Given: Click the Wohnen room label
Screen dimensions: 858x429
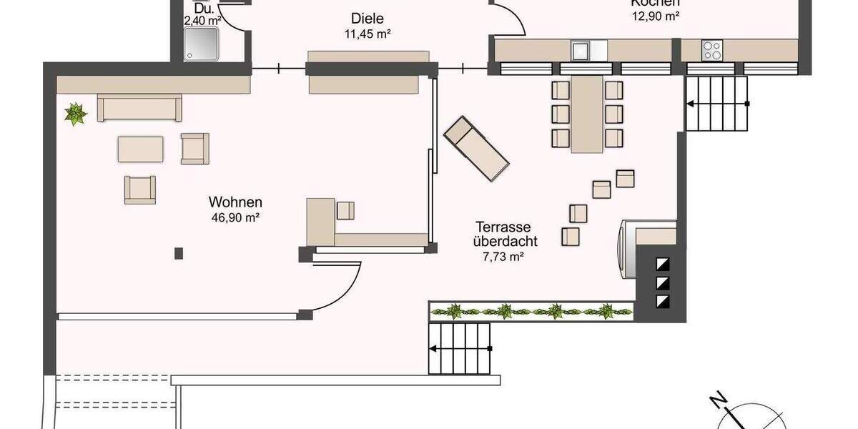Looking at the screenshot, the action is (235, 202).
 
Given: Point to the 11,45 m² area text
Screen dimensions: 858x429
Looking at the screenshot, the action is (367, 34).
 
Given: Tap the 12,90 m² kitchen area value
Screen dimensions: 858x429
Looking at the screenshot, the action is (655, 16).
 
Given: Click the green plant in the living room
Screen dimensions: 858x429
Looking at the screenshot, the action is (75, 114).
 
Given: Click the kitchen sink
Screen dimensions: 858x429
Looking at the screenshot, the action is (580, 50).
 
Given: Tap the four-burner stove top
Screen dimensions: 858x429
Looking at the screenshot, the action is (712, 50).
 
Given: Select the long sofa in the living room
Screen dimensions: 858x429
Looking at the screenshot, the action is (140, 108).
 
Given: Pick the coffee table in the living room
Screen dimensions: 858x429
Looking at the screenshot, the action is (141, 149).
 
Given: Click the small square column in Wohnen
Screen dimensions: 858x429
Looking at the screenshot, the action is (179, 252).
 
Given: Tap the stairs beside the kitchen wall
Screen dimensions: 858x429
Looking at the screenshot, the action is (716, 104).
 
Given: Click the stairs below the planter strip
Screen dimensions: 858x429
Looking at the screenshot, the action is (460, 347).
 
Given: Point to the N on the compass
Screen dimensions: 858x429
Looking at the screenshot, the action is (718, 400).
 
